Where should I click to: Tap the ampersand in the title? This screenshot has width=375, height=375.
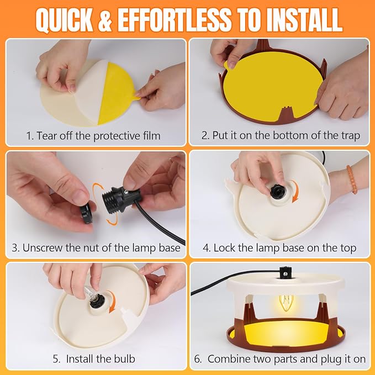[x=105, y=20]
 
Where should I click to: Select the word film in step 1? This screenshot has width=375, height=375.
[x=150, y=136]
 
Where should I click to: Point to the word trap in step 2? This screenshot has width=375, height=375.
[x=350, y=136]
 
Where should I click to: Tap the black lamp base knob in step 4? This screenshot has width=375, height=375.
[x=277, y=191]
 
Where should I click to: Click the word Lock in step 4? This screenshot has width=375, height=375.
[x=224, y=248]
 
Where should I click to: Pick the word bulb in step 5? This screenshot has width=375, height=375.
[x=124, y=359]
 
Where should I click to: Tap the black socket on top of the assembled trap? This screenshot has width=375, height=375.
[x=285, y=272]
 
